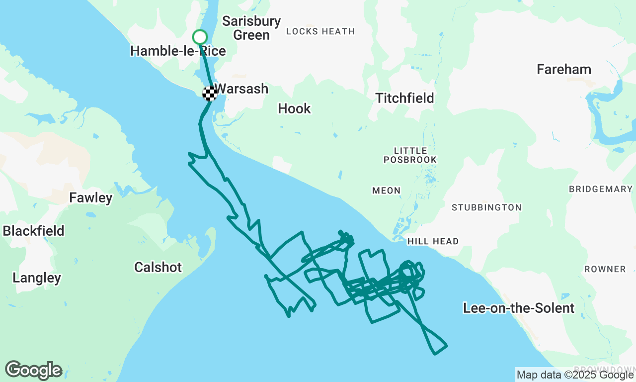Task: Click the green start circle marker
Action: (199, 37)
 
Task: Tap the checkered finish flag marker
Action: (210, 93)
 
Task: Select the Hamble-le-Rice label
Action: (178, 51)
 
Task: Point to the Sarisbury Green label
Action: (251, 28)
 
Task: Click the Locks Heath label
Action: (320, 31)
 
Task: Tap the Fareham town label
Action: (564, 69)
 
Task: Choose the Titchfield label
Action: (405, 98)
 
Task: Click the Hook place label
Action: (294, 108)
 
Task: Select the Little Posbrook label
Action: (410, 155)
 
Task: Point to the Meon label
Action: (386, 191)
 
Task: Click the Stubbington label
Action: (486, 207)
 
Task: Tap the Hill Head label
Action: (433, 241)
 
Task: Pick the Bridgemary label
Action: (600, 189)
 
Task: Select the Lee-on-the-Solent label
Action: (519, 308)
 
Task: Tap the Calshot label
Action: (158, 267)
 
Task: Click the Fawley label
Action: (91, 197)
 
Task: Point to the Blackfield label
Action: (34, 231)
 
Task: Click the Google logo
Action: (33, 371)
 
